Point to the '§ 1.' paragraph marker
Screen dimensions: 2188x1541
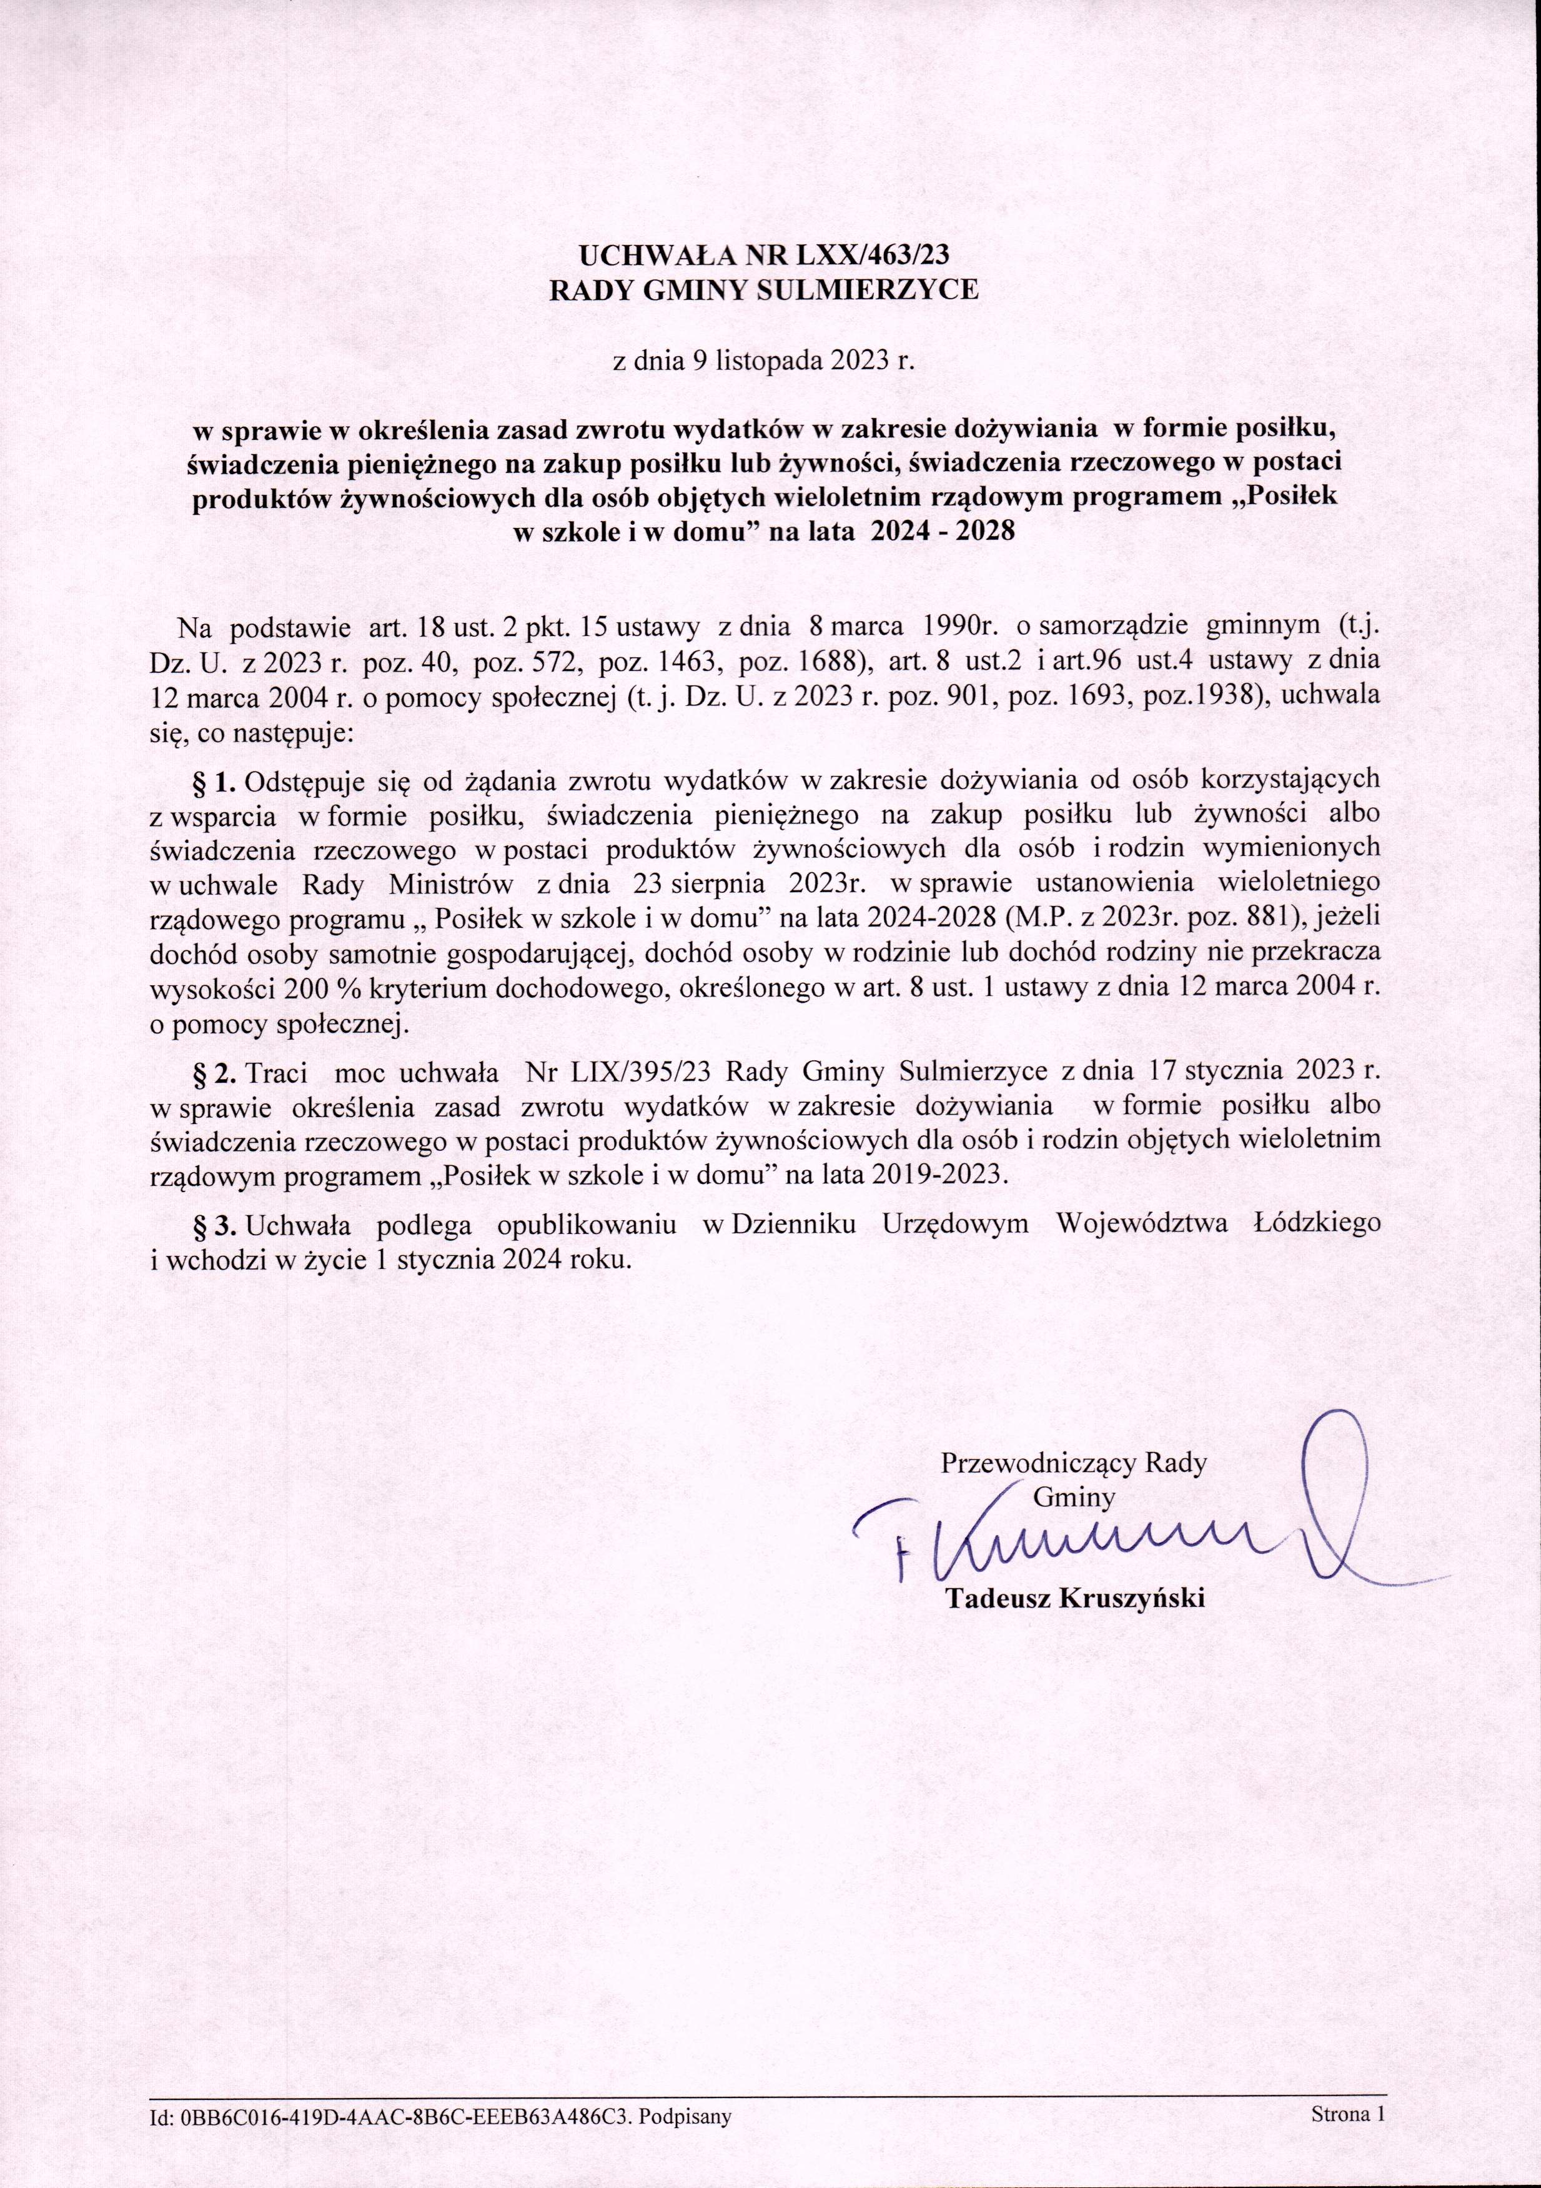[214, 782]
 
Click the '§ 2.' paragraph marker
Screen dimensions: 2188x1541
[214, 1072]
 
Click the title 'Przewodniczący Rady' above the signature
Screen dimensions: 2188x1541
[1074, 1463]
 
